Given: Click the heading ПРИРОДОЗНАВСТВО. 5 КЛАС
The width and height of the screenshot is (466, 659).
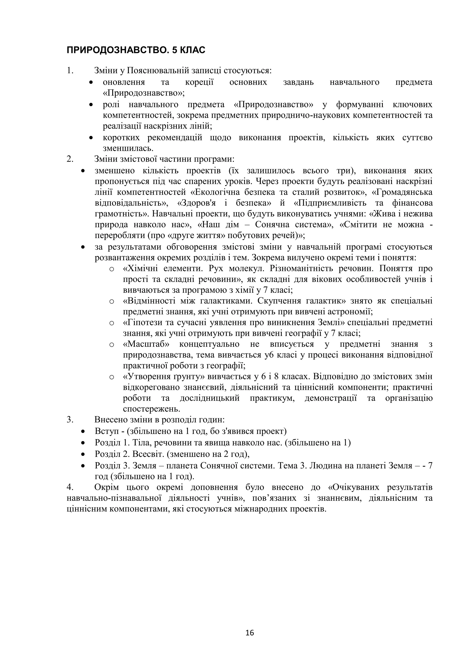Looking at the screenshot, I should pos(136,50).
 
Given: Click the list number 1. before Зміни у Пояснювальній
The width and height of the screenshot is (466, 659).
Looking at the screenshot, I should pos(70,71).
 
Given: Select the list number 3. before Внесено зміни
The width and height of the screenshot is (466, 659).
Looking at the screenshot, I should pos(70,420).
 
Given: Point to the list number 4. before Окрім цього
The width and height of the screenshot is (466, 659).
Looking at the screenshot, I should pos(70,487).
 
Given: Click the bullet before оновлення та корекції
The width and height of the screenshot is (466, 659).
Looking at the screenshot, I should pos(91,82).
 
